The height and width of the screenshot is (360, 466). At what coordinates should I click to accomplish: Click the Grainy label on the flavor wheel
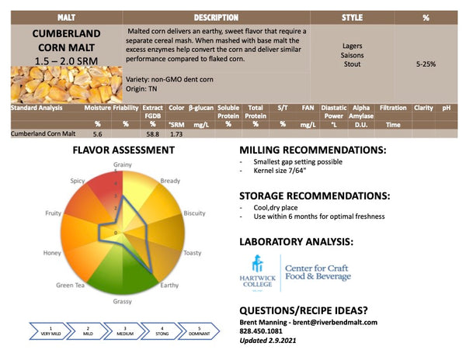click(x=123, y=164)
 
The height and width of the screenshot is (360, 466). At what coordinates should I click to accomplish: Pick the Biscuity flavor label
click(x=194, y=213)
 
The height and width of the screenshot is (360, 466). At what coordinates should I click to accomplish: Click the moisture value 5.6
click(x=98, y=134)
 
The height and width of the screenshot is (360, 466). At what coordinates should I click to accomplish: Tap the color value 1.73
click(x=176, y=134)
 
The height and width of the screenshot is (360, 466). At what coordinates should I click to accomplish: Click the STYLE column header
click(x=352, y=17)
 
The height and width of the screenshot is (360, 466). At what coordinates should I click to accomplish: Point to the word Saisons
click(x=352, y=56)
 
